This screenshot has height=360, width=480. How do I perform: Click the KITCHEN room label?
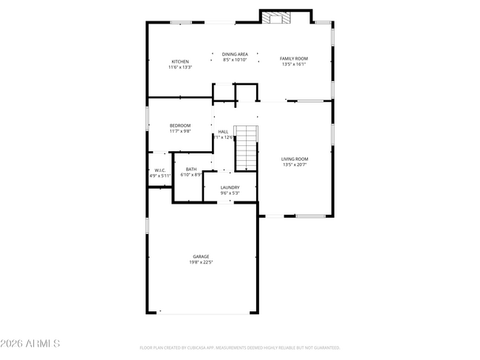[x=180, y=61]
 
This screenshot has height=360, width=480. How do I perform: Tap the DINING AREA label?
[x=235, y=54]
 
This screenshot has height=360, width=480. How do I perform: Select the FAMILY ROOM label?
[x=293, y=58]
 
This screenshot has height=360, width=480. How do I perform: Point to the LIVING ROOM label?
[x=295, y=159]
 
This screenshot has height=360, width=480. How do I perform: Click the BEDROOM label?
[x=180, y=125]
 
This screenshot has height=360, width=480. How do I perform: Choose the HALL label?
[x=223, y=131]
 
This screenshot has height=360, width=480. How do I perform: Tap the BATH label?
[x=191, y=169]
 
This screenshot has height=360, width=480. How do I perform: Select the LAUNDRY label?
[x=230, y=187]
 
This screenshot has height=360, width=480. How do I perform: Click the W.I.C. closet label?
[x=160, y=170]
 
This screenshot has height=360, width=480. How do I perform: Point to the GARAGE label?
[x=202, y=256]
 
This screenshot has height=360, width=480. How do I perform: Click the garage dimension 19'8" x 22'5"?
[x=202, y=262]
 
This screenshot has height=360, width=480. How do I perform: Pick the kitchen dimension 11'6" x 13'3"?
[x=180, y=67]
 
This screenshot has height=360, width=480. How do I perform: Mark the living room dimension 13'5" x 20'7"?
[x=295, y=165]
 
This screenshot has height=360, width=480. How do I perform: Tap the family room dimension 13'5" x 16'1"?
[x=293, y=64]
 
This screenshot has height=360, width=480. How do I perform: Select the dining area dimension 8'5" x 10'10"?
[x=235, y=60]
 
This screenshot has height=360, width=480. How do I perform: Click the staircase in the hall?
[x=247, y=148]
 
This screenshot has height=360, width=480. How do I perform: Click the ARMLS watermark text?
[x=30, y=345]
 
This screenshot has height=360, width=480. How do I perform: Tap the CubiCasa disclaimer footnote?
[x=239, y=347]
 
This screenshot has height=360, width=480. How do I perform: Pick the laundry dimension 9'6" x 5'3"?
[x=230, y=193]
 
